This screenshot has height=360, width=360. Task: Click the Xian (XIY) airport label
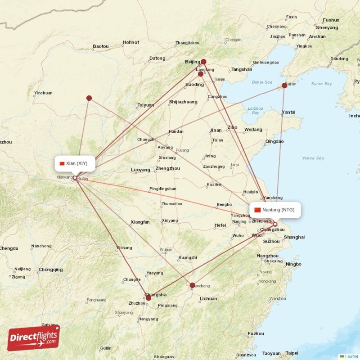pos(74,163)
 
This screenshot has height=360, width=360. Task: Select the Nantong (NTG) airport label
pos(275,210)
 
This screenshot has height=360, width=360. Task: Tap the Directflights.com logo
pos(33,338)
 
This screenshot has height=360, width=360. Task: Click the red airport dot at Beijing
pos(203,62)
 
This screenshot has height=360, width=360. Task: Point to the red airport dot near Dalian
pos(284,85)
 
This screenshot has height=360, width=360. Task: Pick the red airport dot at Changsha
pos(148,297)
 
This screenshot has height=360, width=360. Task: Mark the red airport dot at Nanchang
pos(193,285)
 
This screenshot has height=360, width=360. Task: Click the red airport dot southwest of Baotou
pos(89,98)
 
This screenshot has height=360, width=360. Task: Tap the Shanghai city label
pos(294,237)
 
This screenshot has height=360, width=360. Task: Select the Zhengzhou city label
pos(167,169)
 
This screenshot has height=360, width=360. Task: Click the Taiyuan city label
pos(145,105)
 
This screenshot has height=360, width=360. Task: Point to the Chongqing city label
pos(51,270)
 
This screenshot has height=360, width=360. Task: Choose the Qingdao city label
pos(274,141)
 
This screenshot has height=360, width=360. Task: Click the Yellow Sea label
pos(313,158)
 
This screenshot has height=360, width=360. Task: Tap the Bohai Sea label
pos(262,82)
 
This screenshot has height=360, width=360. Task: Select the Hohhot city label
pos(131,42)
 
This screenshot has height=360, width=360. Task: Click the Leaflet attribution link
pos(351,356)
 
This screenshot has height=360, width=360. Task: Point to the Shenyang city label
pos(327,27)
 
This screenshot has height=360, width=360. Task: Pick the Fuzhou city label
pos(256,333)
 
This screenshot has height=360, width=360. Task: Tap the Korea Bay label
pos(321,84)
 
